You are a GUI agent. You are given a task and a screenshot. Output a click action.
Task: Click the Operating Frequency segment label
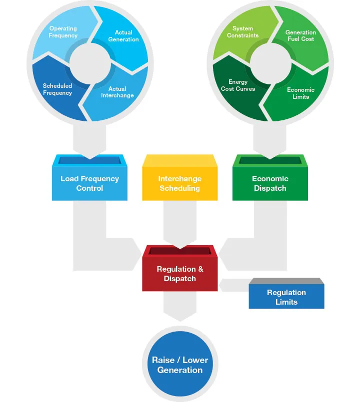63,32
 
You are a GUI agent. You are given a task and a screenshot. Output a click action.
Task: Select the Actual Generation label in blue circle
123,36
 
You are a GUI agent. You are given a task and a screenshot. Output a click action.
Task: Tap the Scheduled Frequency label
57,89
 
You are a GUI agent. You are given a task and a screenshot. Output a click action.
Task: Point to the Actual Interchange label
117,92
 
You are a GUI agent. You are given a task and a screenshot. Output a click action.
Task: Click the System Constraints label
243,32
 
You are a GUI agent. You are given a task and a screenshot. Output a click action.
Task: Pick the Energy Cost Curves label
238,85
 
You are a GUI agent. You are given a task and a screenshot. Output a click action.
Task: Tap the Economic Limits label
301,93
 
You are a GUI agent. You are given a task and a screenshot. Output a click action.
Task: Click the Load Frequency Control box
90,183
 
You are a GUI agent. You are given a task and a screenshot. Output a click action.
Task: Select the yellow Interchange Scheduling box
180,183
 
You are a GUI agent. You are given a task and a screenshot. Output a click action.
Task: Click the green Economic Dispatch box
270,183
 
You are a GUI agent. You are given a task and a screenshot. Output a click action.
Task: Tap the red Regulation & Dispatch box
180,274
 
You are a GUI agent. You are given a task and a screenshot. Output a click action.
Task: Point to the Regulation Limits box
286,297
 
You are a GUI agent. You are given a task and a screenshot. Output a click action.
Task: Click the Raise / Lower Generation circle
180,365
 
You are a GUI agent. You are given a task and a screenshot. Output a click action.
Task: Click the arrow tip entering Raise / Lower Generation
180,318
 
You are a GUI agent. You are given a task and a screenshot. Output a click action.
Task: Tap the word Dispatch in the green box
270,188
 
